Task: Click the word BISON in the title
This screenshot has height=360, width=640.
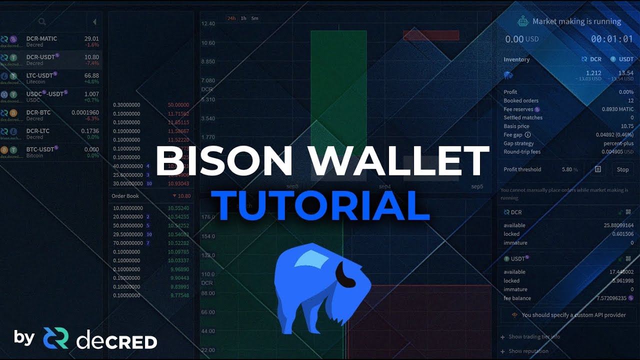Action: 224,160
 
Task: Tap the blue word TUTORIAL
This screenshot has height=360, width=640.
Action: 320,205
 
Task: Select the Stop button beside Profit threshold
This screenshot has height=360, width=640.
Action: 622,169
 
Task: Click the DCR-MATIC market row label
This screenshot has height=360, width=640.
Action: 41,38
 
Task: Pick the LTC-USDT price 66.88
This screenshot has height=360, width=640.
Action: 91,75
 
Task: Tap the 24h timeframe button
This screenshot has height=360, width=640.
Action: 231,18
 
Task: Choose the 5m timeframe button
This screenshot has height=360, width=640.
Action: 255,18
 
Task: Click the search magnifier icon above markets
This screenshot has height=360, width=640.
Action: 42,22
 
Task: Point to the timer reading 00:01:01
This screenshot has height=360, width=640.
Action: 612,39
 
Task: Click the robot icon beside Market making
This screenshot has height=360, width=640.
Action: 523,21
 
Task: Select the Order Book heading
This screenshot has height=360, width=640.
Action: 125,196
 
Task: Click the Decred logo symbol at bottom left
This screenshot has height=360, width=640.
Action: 55,338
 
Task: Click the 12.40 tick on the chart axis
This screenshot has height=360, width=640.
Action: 208,24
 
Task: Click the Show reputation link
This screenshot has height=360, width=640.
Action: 528,351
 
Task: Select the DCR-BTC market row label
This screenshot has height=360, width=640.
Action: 38,112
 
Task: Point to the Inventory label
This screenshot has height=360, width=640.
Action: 516,59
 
